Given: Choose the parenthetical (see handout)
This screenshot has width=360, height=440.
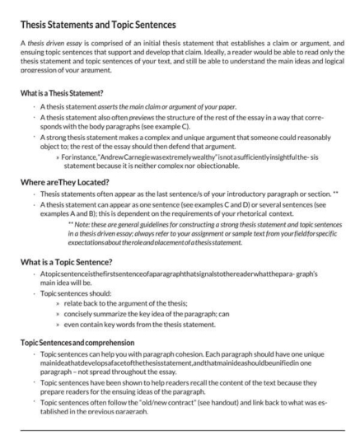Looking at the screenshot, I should point(214,403).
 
